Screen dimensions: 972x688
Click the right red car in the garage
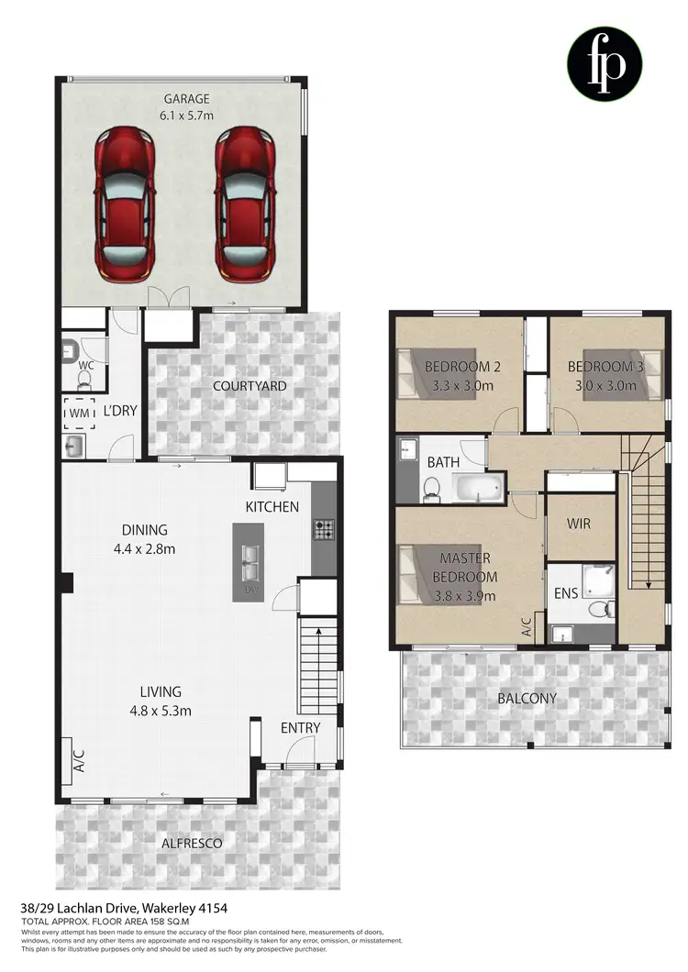click(x=246, y=205)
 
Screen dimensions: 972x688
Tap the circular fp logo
click(x=604, y=63)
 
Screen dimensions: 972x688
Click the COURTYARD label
click(x=250, y=386)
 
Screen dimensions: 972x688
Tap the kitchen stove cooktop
click(x=325, y=529)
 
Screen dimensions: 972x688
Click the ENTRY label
click(x=300, y=728)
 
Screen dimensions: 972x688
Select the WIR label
click(x=579, y=524)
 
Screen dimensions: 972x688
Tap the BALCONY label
click(x=527, y=698)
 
